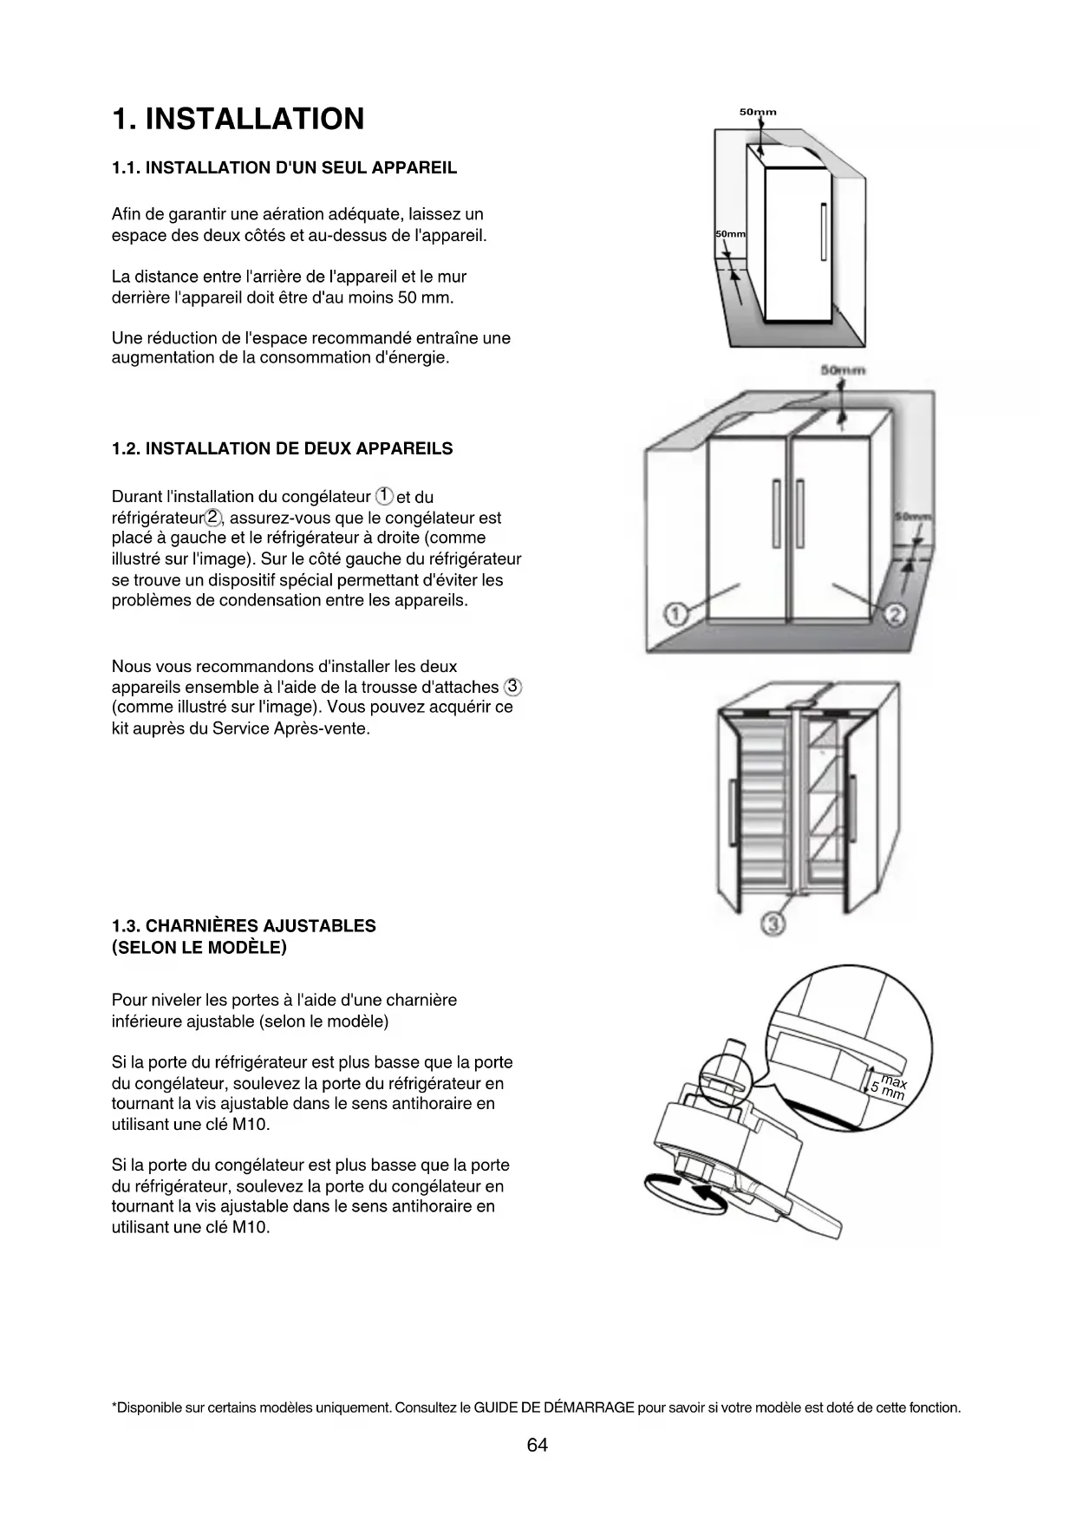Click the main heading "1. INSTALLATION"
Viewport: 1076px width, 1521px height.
(238, 120)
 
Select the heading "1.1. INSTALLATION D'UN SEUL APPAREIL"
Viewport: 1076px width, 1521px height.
(284, 168)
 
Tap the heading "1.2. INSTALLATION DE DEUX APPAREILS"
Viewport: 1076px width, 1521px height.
(282, 449)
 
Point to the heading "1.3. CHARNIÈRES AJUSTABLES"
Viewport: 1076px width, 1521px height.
(244, 926)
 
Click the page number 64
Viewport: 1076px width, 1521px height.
(538, 1446)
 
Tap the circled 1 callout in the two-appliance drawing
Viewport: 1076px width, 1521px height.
(675, 615)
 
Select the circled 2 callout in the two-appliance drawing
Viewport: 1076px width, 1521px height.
(895, 615)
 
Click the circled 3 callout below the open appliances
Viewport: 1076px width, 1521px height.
(773, 924)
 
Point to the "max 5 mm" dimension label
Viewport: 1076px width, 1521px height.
(890, 1087)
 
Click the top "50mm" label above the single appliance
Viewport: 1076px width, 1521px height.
(757, 112)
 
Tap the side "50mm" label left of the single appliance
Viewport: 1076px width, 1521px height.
(730, 235)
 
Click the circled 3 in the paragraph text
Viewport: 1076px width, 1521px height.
(512, 687)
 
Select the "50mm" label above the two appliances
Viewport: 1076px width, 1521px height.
(843, 370)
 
